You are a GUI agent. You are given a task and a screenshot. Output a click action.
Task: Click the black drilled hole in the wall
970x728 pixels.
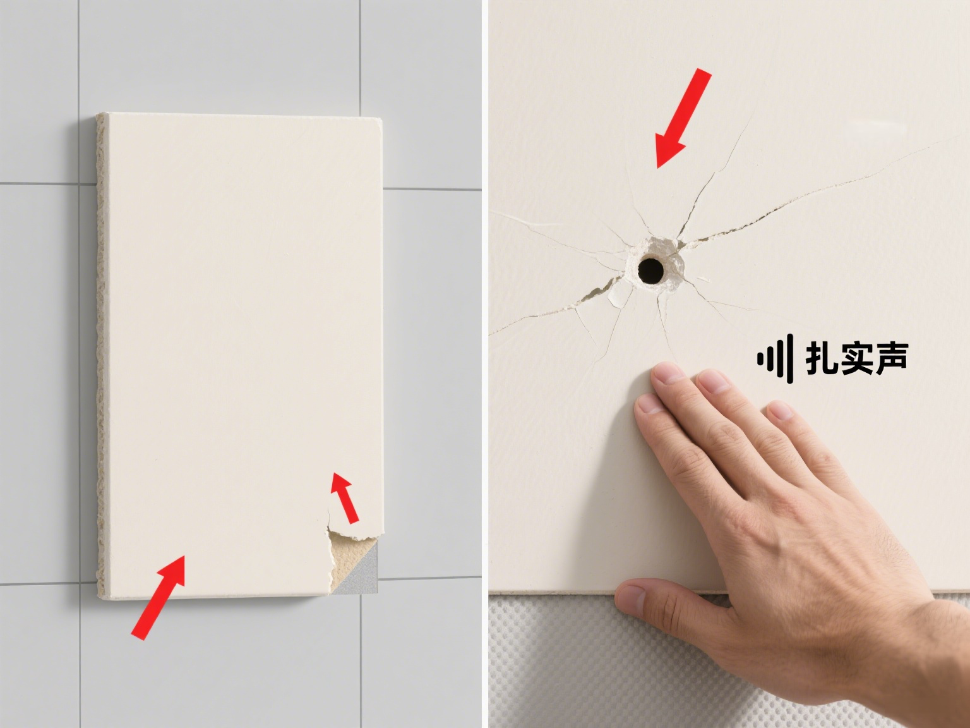(650, 270)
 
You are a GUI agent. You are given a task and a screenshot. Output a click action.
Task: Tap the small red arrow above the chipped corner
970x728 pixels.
(345, 498)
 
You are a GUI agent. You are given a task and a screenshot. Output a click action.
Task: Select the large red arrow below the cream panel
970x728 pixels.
(159, 597)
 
